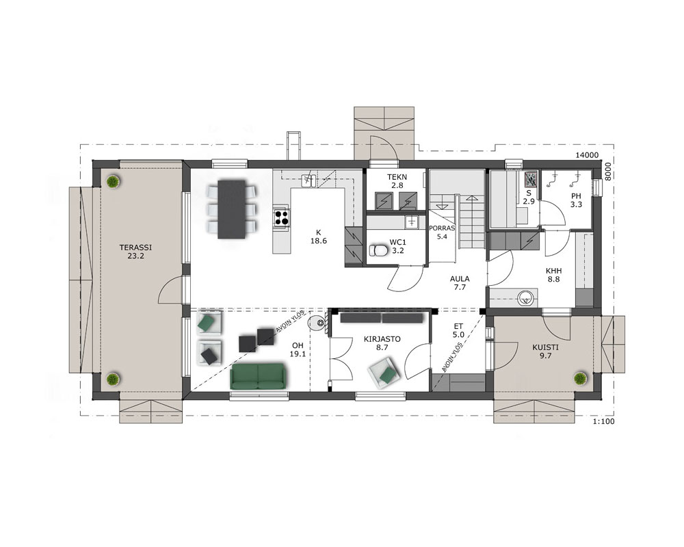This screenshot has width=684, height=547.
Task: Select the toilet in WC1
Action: pos(378,250)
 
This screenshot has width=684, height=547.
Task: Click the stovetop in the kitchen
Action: pos(281,217)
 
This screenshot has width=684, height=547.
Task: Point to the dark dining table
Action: pos(232,209)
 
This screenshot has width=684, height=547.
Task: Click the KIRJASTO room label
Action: pos(382,339)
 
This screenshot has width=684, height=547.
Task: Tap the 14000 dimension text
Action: pos(587,155)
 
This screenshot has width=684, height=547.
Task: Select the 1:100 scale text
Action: pos(604,422)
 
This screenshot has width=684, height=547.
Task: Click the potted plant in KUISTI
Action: pos(580,378)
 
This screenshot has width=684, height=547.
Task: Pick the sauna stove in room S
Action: pos(531,179)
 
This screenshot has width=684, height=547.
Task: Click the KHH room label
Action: pos(553,271)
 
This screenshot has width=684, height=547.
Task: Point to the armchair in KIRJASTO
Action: pos(384,372)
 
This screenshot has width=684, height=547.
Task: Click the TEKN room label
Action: pos(397,177)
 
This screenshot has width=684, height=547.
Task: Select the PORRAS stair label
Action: pos(442,228)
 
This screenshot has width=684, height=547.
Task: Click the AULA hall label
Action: pos(460,279)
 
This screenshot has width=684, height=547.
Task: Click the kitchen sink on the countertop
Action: pos(310,180)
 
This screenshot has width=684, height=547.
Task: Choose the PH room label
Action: pos(576,196)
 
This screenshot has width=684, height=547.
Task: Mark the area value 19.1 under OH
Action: pos(298,354)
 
